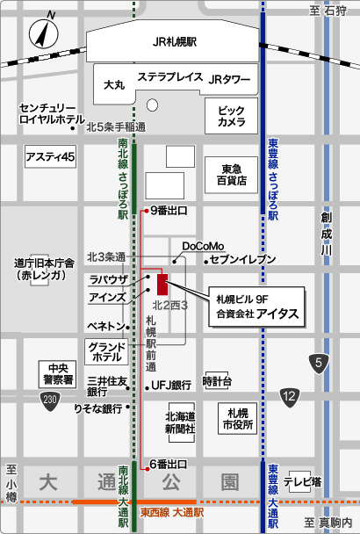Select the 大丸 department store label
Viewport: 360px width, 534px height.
114,85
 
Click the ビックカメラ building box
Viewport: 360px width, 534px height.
232,117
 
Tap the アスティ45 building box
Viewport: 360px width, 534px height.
52,157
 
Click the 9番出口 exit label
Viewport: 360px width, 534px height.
169,211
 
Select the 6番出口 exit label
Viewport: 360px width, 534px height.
169,464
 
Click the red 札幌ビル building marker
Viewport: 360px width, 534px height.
162,285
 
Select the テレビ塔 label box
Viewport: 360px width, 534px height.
300,481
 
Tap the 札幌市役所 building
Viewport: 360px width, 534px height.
236,419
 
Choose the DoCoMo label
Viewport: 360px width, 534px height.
204,245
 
